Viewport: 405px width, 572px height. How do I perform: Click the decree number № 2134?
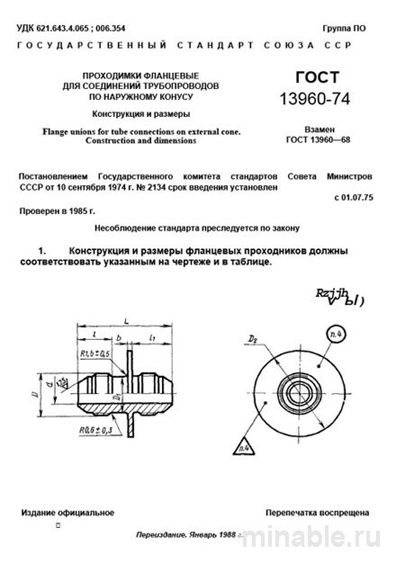pyautogui.click(x=197, y=181)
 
